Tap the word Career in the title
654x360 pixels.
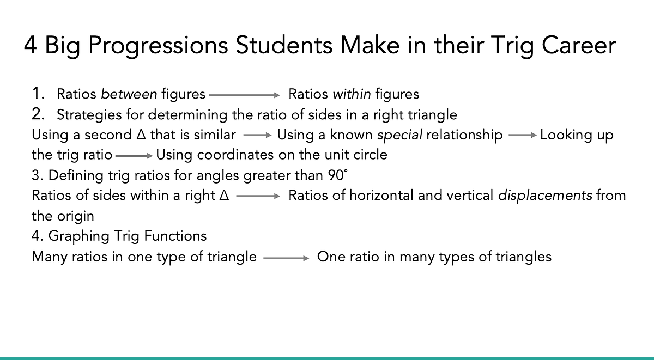579,46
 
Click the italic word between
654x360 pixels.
129,94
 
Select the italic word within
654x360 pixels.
352,94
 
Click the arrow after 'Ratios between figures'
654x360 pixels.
245,95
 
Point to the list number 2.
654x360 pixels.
38,114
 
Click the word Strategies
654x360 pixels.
89,115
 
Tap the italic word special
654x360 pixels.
399,135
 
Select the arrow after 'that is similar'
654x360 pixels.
257,135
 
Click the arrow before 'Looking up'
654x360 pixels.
523,135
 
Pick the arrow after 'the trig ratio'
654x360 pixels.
134,156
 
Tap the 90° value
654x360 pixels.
338,175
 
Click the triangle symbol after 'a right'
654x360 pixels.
224,195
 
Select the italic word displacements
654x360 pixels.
545,196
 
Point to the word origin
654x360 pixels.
76,217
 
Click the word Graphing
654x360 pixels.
79,236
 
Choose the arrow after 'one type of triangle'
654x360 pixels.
286,258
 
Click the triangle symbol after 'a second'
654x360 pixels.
141,135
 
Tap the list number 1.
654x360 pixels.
38,93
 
